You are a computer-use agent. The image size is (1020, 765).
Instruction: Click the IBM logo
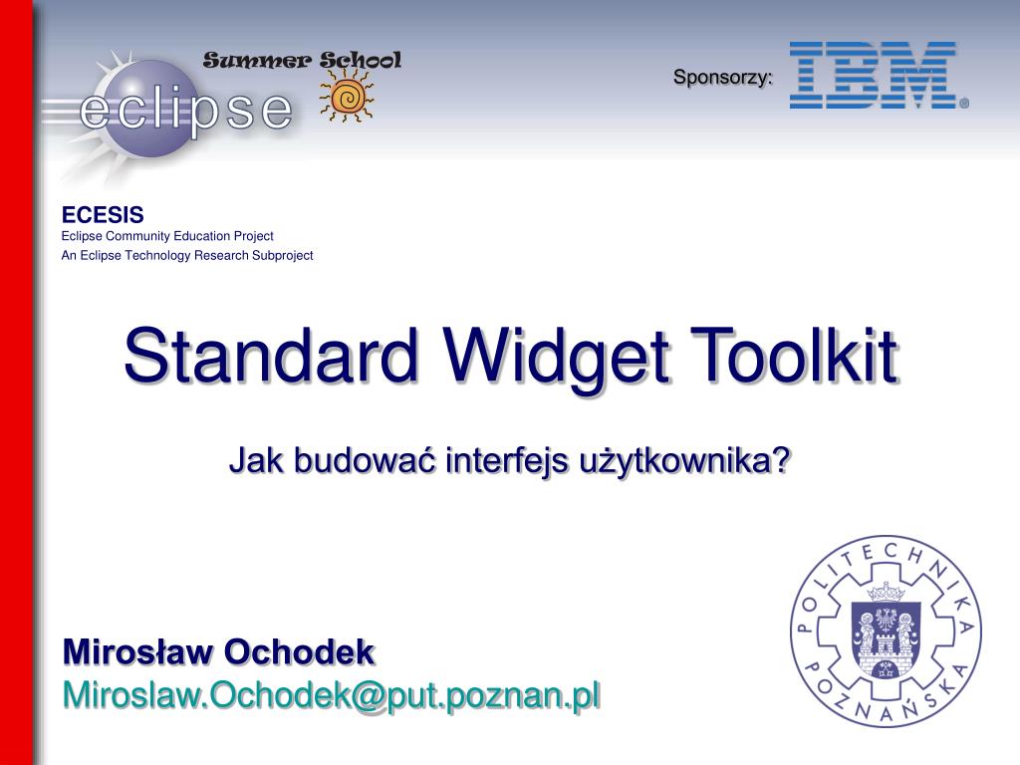pos(879,75)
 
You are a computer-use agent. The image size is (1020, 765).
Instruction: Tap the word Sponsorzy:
pos(723,77)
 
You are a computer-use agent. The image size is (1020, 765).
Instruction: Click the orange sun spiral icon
pos(347,98)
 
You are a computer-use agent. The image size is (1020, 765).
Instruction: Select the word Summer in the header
pos(258,61)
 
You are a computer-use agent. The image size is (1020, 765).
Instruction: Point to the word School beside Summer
pos(361,60)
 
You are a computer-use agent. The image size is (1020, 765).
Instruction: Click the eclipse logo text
pos(185,110)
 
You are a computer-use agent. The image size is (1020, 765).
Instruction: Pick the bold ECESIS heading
pos(103,215)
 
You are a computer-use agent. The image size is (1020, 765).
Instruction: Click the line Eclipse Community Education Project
pos(167,236)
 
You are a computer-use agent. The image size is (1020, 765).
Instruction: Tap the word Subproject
pos(282,256)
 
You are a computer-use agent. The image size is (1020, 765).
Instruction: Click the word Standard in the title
pos(270,356)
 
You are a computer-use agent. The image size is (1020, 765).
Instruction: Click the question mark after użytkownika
pos(781,460)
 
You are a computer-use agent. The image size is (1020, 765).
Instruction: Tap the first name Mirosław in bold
pos(137,651)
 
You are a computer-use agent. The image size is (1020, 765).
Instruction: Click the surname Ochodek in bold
pos(299,651)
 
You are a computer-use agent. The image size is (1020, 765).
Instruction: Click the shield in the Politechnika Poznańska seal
pos(886,638)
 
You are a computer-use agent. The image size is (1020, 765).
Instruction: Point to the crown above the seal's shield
pos(887,592)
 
